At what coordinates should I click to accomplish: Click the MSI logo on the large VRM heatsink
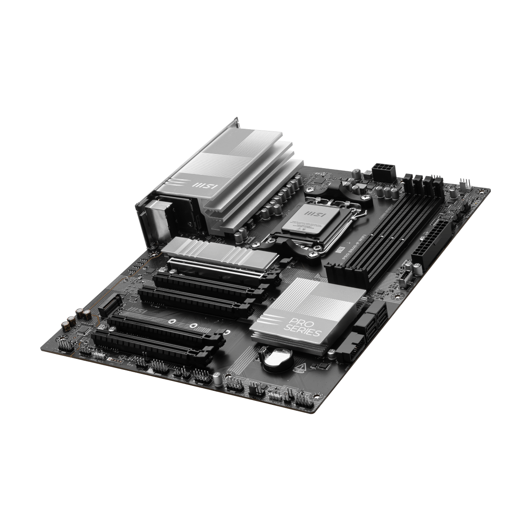coord(202,185)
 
